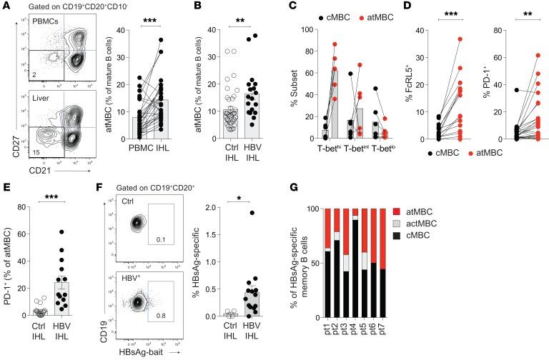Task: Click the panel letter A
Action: tap(6, 6)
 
